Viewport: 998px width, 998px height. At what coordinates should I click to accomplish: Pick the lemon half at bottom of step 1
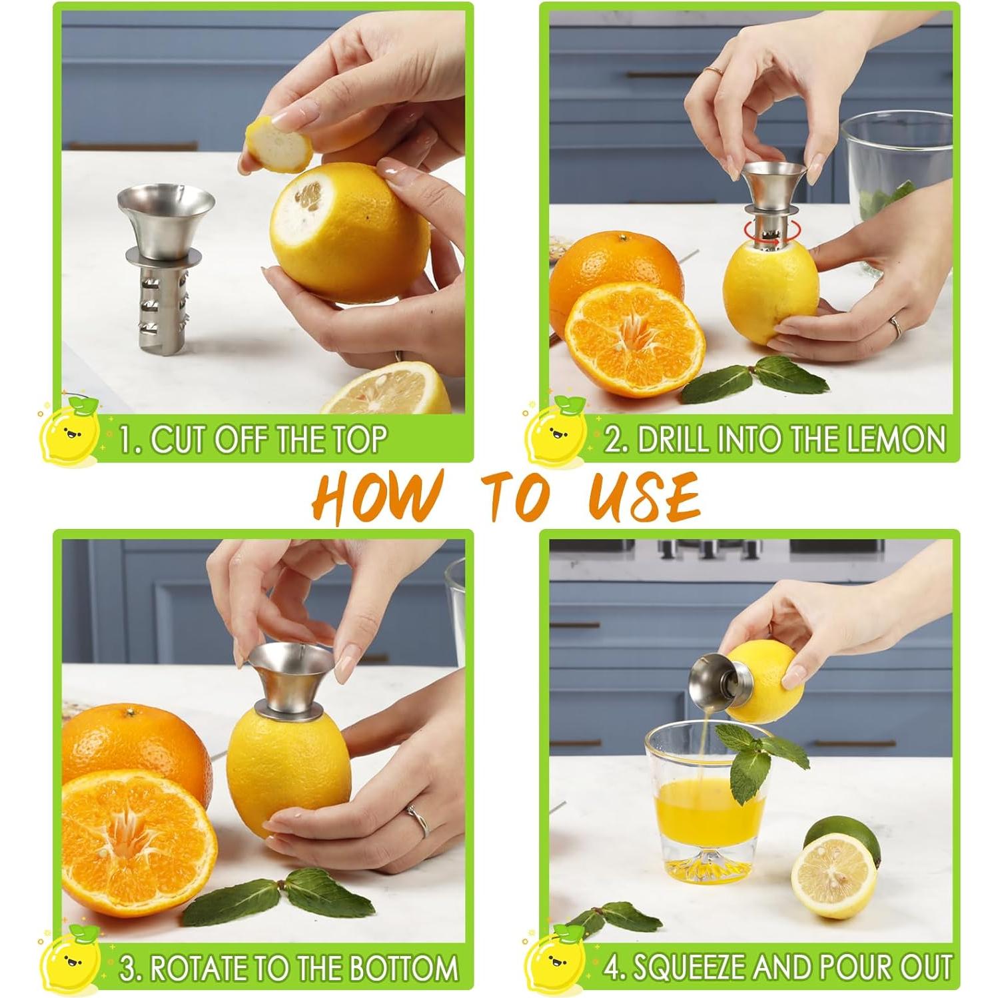click(386, 390)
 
